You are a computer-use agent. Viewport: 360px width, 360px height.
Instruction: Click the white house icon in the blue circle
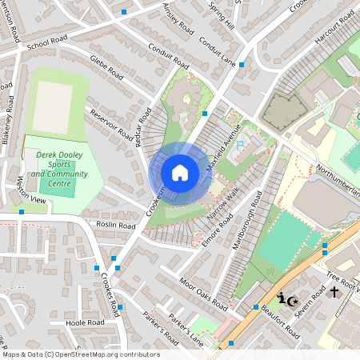180,173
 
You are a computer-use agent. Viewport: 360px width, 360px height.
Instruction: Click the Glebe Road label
106,69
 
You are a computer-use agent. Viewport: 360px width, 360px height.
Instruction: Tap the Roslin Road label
116,226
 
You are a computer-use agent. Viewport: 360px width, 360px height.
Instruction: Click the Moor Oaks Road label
204,295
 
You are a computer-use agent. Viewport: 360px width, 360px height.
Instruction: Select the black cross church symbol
334,294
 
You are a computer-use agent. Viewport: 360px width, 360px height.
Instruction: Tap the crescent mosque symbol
293,300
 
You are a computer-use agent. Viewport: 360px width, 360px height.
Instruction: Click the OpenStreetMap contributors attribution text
81,354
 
